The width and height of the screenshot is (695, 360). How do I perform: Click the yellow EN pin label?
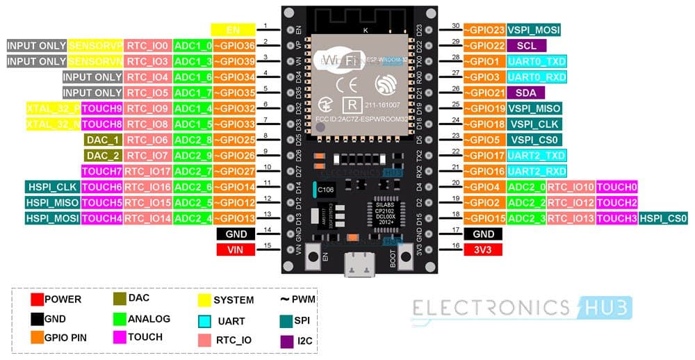[233, 30]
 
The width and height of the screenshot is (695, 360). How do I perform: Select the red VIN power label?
[236, 249]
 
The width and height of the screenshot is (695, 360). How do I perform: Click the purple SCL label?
[525, 45]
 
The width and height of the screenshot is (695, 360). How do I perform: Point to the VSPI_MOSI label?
[533, 30]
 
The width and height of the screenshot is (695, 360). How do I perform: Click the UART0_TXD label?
[536, 61]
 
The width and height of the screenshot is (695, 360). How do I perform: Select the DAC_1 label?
[102, 140]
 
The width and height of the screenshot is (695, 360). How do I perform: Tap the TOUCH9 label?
[102, 108]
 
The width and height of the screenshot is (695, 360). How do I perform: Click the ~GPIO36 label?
[234, 45]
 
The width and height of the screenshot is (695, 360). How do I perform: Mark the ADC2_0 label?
[525, 187]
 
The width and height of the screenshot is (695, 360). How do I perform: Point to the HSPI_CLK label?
[53, 187]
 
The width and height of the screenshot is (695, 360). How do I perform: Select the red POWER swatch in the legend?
[37, 300]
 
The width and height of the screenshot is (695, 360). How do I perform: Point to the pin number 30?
[456, 26]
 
